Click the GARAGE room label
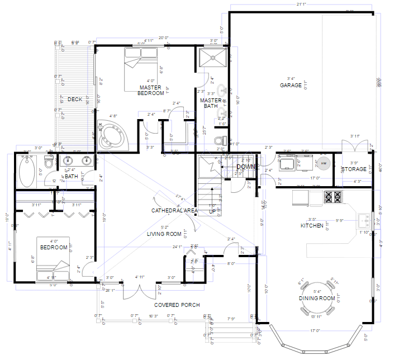(x=291, y=86)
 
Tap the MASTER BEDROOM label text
(x=151, y=91)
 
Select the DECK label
(x=75, y=100)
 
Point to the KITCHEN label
(x=312, y=225)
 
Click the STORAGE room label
(x=354, y=169)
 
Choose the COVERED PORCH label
(x=177, y=305)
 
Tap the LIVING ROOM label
(x=164, y=234)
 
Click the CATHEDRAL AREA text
(x=174, y=211)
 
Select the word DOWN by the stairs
(x=246, y=167)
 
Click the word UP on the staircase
(x=212, y=212)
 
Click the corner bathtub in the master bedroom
(x=113, y=135)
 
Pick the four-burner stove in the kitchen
(x=333, y=197)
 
